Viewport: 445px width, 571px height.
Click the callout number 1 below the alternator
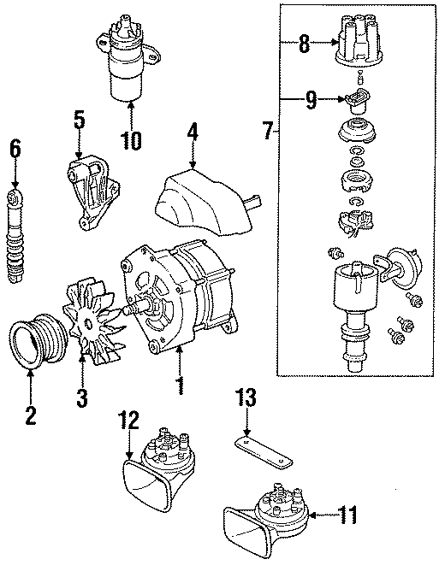(x=179, y=386)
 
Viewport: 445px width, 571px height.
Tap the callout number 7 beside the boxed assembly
(x=268, y=132)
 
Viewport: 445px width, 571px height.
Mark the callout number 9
(x=311, y=102)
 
